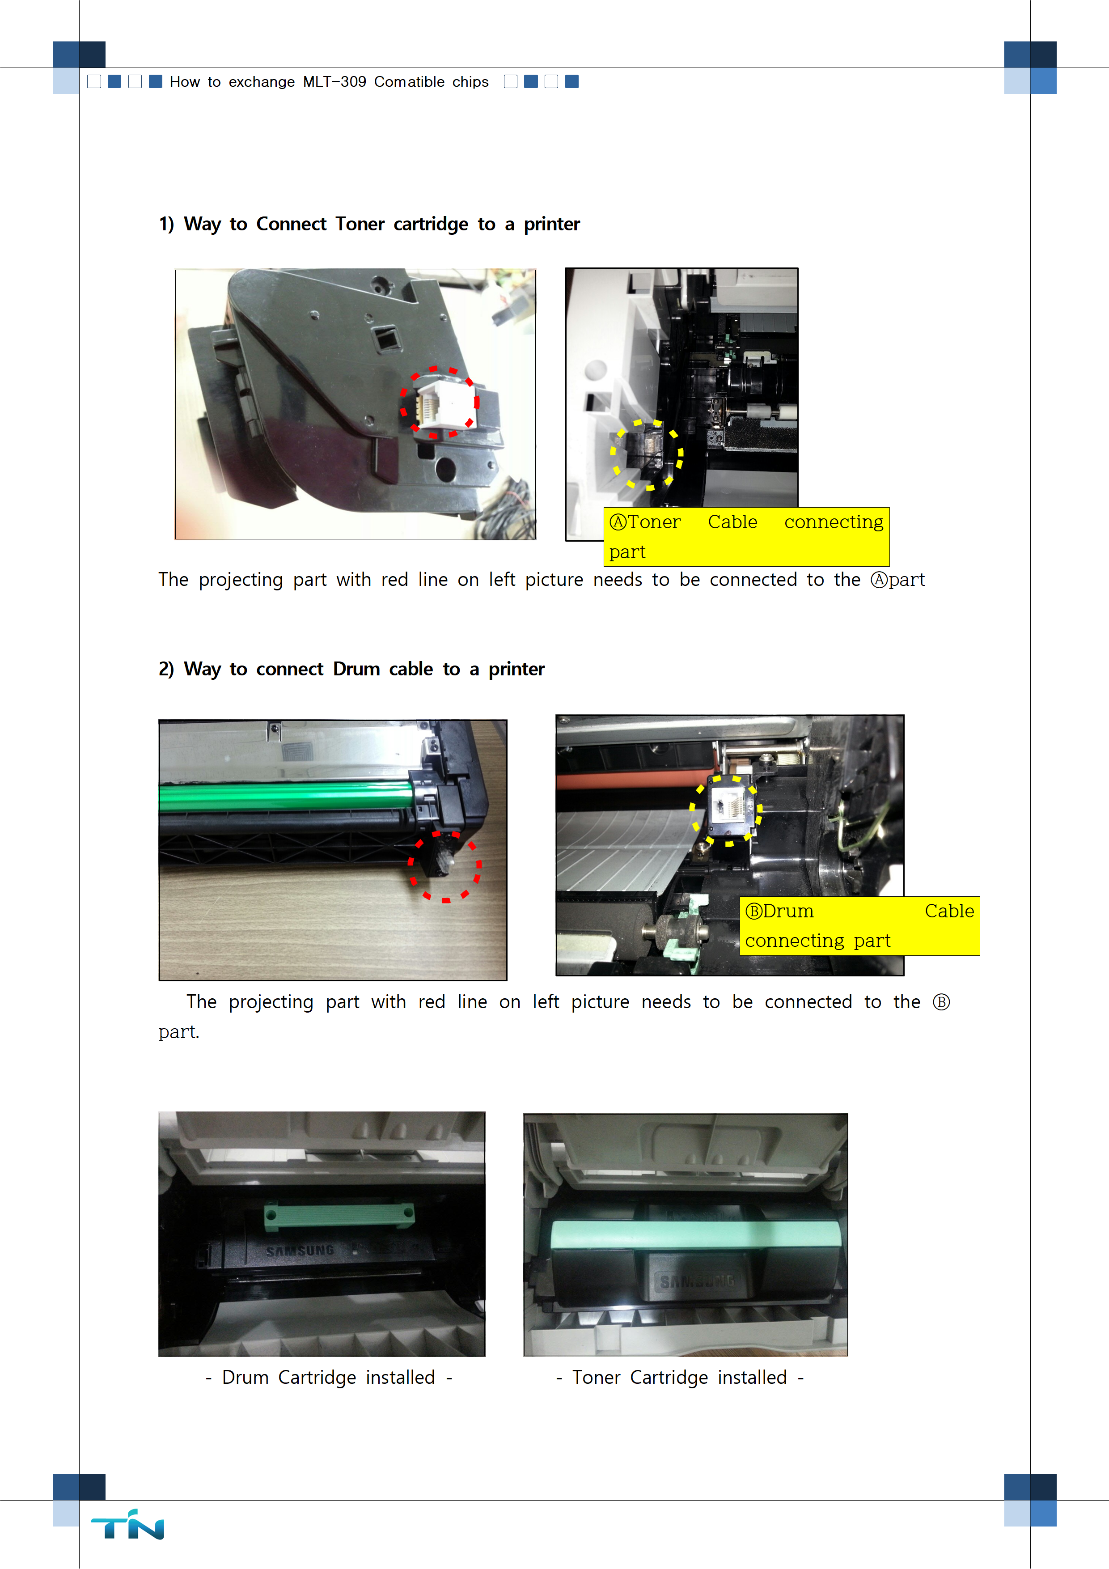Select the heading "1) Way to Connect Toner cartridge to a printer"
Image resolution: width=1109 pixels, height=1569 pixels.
point(369,224)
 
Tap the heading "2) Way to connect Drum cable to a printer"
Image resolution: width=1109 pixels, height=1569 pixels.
point(351,669)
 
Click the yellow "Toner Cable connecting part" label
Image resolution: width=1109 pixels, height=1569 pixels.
point(746,536)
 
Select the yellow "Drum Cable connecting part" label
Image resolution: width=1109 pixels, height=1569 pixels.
point(859,926)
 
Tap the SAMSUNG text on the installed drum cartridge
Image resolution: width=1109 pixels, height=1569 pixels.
point(300,1251)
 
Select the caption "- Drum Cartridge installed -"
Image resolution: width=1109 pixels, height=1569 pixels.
point(329,1378)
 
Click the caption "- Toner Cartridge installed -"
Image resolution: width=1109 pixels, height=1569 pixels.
point(680,1378)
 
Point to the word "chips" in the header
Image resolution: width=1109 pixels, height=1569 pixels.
point(471,82)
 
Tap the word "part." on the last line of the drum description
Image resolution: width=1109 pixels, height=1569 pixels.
point(179,1032)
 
